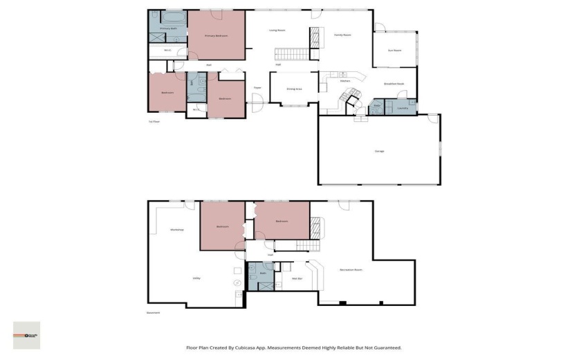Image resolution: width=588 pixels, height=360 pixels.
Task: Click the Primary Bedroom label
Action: (216, 35)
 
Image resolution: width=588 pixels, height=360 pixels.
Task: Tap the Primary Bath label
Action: (169, 28)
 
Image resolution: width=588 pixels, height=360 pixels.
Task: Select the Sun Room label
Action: (394, 50)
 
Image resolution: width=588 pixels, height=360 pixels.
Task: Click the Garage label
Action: (379, 151)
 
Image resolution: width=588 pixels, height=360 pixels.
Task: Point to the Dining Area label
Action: (294, 89)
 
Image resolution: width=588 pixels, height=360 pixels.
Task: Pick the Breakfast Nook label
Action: (394, 84)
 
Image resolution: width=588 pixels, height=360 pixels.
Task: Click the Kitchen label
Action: (344, 81)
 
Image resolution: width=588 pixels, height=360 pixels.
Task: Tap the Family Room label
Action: (342, 35)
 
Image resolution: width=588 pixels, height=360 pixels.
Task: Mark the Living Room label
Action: (277, 30)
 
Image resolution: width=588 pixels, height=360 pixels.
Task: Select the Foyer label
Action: (257, 88)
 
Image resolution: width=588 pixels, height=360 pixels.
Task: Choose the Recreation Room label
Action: (351, 269)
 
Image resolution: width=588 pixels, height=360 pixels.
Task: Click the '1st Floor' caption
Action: (154, 121)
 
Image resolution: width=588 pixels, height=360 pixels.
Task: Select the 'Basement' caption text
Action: (154, 312)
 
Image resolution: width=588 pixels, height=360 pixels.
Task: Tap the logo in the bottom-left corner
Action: (26, 335)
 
